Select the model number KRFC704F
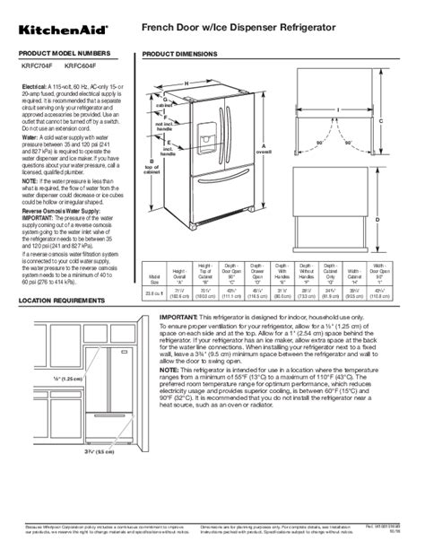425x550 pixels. (x=38, y=65)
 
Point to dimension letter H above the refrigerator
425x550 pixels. (x=186, y=83)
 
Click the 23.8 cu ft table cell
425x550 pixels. (x=153, y=292)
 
